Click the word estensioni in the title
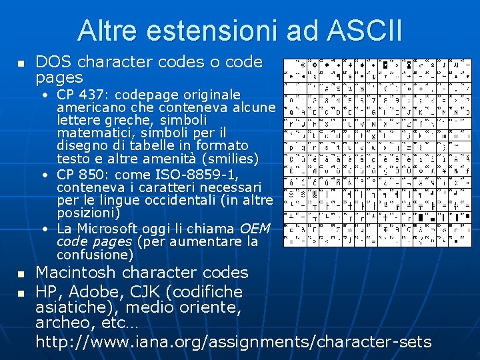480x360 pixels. (213, 31)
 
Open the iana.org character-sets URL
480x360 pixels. (233, 342)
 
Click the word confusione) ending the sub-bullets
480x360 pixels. (95, 255)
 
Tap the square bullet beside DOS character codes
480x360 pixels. (21, 64)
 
